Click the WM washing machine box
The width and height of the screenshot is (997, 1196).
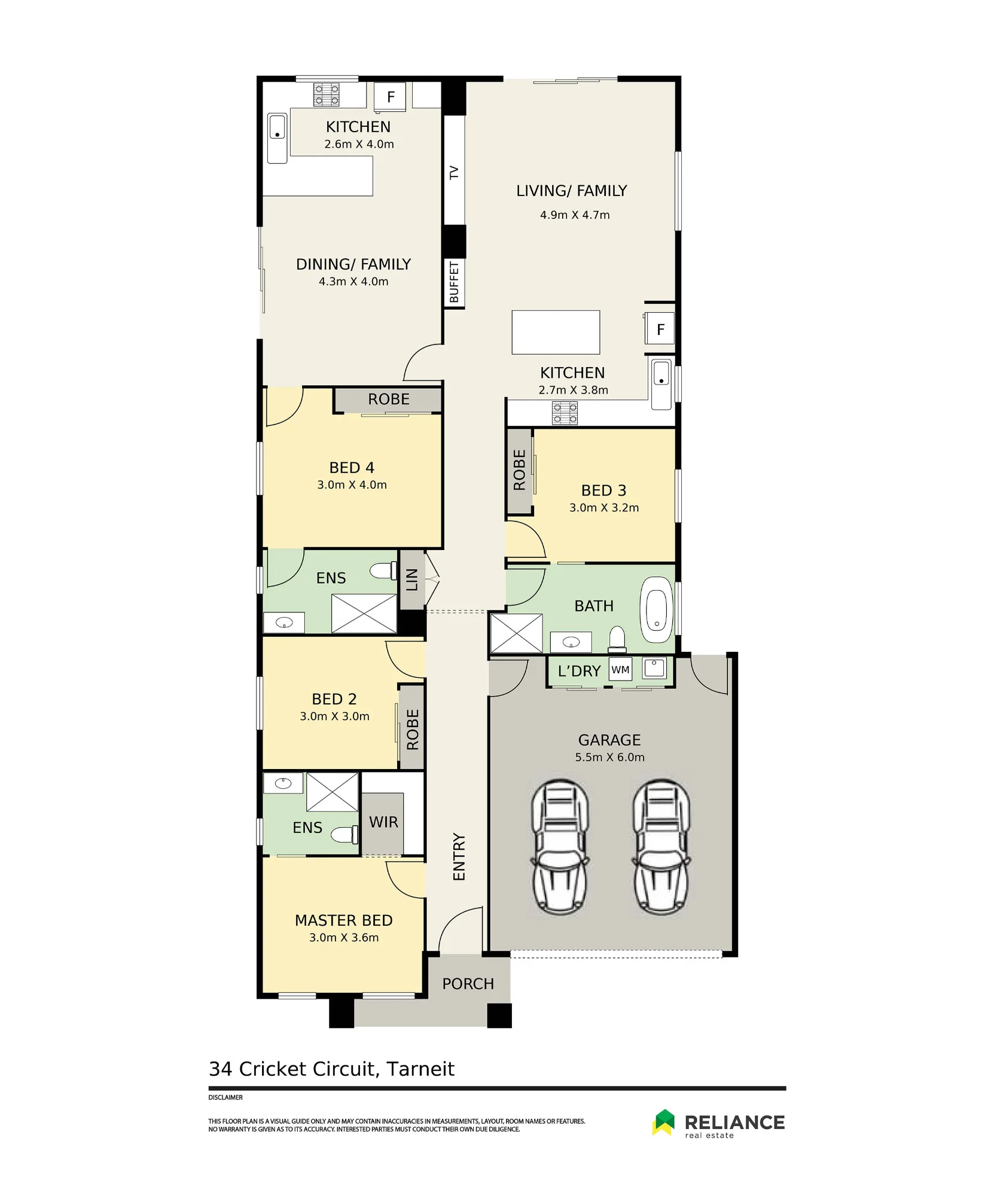pos(620,670)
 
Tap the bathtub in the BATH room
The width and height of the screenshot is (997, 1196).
pos(656,609)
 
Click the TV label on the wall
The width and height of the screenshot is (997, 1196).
pos(454,173)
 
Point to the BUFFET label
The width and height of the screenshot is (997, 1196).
pos(454,282)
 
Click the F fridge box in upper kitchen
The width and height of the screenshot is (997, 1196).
pos(390,96)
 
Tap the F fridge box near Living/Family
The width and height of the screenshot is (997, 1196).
pos(660,329)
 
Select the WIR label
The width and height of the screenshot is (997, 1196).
pos(383,822)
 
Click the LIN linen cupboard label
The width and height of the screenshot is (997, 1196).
pos(412,579)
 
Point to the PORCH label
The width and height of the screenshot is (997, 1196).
pos(468,984)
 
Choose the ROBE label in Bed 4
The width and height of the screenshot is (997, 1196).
pos(389,399)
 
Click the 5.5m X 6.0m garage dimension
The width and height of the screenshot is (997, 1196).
pos(610,757)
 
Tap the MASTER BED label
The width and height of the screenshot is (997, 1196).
pos(344,920)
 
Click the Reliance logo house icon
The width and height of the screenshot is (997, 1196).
pos(663,1122)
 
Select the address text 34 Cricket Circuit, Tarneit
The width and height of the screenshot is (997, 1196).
pos(331,1069)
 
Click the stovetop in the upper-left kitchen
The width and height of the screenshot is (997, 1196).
pos(327,94)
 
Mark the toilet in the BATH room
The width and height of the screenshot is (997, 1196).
pos(617,639)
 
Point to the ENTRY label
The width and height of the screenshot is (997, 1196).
pos(459,857)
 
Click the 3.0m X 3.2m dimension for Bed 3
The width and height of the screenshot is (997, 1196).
pos(604,508)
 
